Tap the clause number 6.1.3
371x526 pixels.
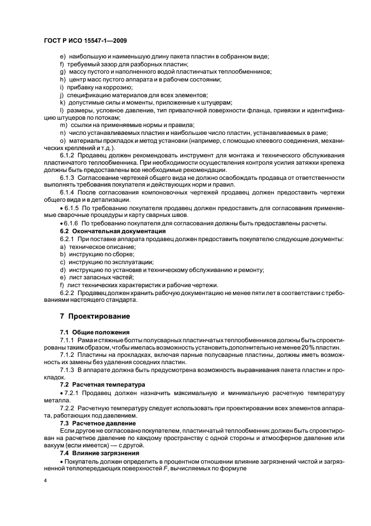pyautogui.click(x=68, y=178)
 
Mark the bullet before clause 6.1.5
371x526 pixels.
pyautogui.click(x=61, y=208)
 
